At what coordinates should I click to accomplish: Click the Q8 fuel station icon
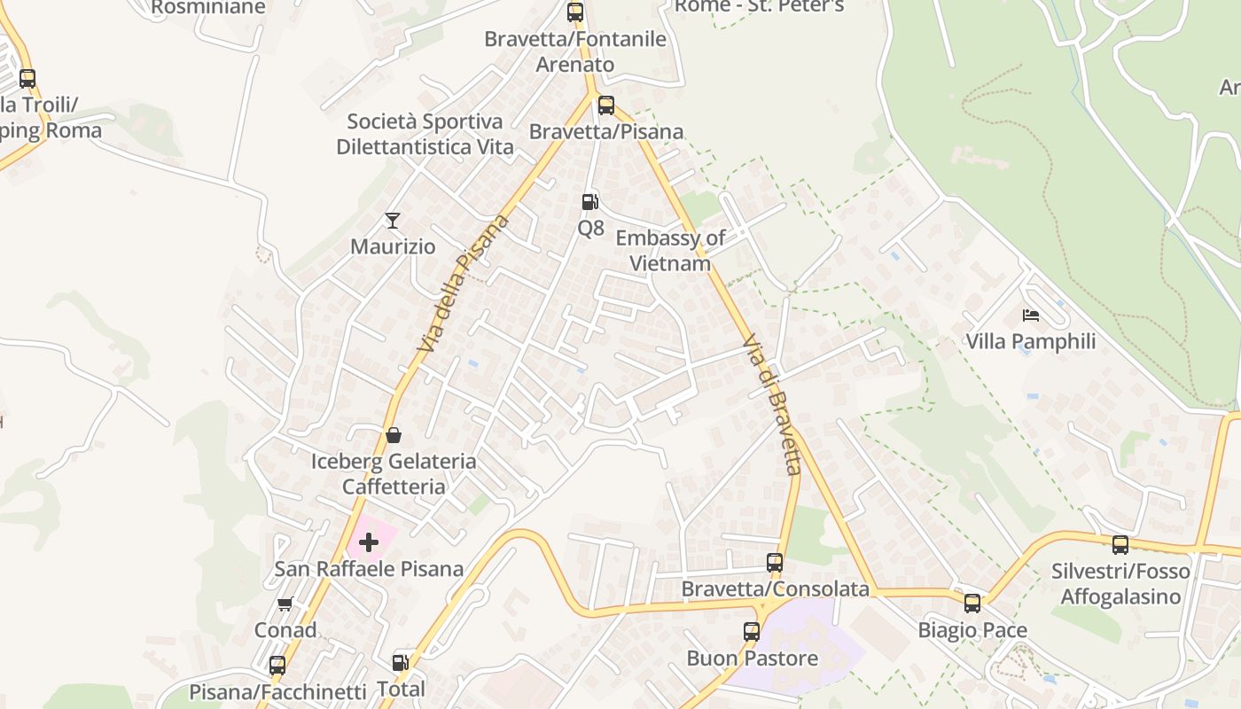click(x=589, y=202)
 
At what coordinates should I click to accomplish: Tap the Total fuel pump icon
click(x=401, y=662)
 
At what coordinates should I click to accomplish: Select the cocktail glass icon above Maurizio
click(x=393, y=220)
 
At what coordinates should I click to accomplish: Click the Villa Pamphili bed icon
click(x=1030, y=315)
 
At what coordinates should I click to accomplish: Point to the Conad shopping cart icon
click(x=285, y=604)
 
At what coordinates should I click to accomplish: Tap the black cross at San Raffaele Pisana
click(x=369, y=541)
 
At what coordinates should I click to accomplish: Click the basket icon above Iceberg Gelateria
click(x=394, y=435)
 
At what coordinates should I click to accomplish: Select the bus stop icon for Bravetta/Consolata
click(x=775, y=562)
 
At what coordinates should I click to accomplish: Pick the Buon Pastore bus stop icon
click(x=752, y=632)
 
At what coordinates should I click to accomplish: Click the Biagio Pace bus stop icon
click(x=972, y=604)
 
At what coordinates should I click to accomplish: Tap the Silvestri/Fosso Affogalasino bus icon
click(x=1120, y=544)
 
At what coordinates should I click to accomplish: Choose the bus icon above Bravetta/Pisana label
click(x=606, y=105)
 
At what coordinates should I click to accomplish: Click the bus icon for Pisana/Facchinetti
click(x=277, y=665)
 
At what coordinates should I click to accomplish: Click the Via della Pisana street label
click(x=464, y=283)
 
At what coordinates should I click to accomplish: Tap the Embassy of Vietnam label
click(x=670, y=251)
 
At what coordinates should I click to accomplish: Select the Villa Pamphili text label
click(x=1031, y=341)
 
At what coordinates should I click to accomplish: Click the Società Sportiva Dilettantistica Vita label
click(x=425, y=134)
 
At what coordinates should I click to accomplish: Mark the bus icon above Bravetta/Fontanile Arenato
click(x=575, y=12)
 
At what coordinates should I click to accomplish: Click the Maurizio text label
click(x=393, y=246)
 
